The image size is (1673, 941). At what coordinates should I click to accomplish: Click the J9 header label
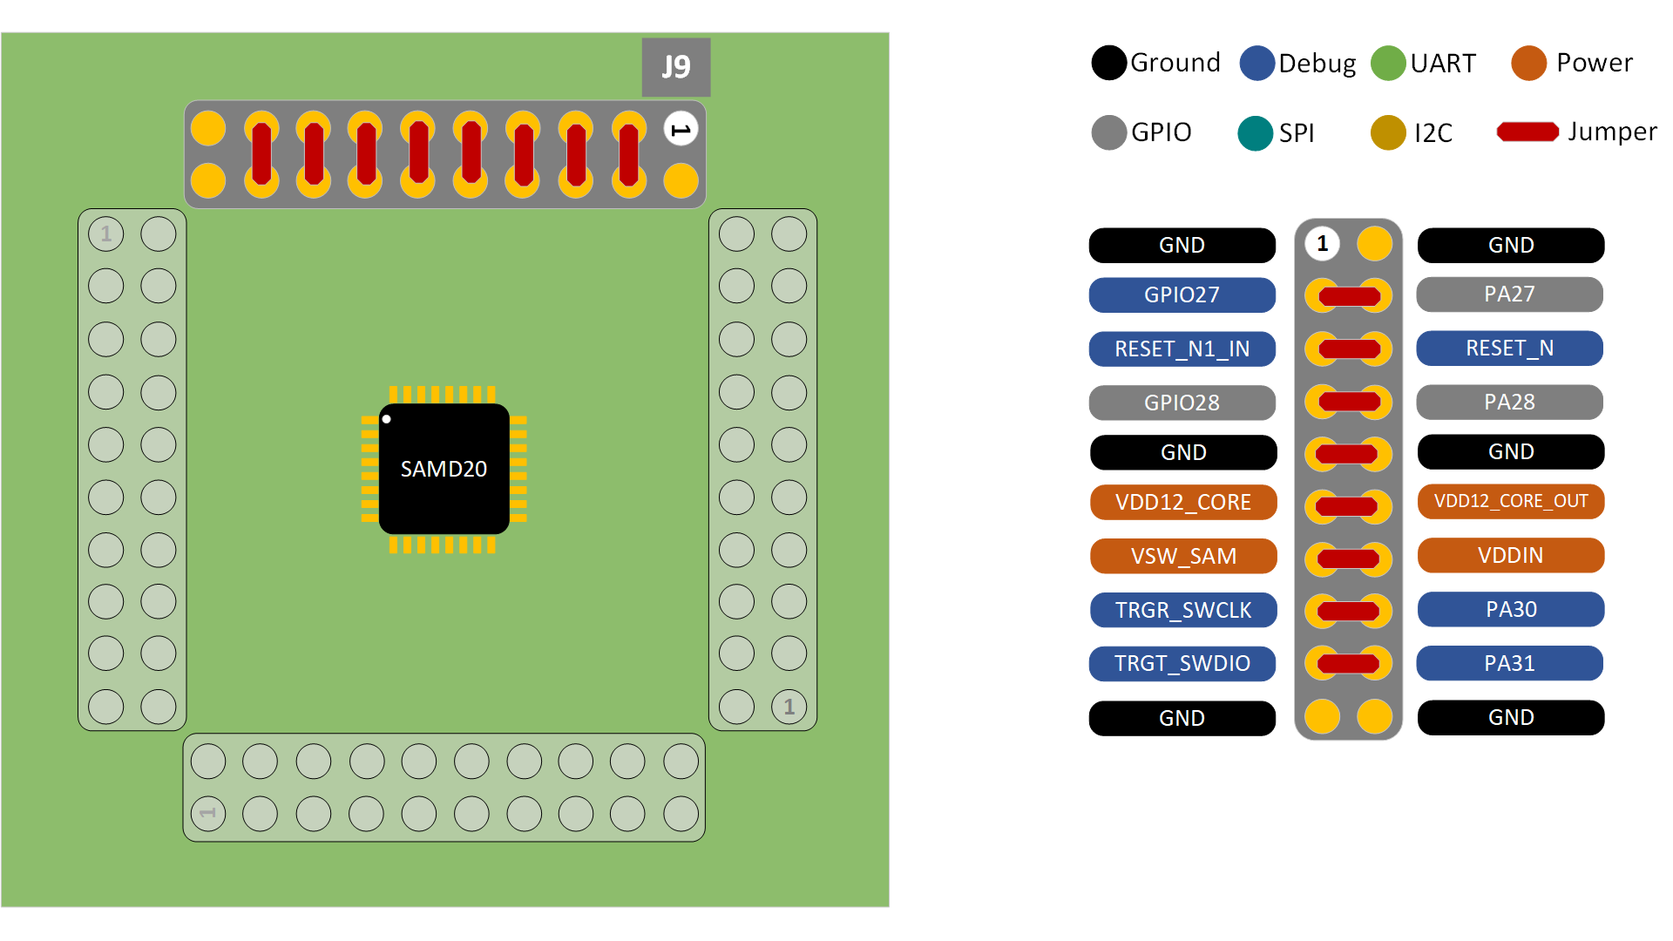(676, 67)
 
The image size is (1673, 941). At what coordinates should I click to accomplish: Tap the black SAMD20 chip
(444, 469)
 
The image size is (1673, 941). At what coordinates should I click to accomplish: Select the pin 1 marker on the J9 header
(681, 129)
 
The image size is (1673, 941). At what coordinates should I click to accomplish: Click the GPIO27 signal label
(1182, 294)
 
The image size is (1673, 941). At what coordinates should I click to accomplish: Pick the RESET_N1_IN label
(1182, 349)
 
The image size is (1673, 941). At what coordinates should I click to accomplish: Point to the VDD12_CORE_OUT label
(1510, 502)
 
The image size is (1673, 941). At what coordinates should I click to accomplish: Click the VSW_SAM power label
(1182, 556)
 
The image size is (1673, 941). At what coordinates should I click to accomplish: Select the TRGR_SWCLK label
(1182, 610)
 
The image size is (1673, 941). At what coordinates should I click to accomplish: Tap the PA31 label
(1509, 663)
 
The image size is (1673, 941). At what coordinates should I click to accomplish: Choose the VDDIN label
(1510, 555)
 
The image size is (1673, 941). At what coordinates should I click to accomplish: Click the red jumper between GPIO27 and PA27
(1349, 296)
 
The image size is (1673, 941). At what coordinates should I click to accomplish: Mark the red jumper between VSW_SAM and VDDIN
(1348, 559)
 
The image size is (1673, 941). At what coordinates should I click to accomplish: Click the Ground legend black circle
(1108, 63)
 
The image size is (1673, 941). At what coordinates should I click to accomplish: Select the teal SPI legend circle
(1255, 132)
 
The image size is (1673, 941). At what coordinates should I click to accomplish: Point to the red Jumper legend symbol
(1527, 132)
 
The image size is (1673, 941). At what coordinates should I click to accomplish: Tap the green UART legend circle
(1388, 63)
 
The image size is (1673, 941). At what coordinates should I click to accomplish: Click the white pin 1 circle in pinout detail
(1322, 243)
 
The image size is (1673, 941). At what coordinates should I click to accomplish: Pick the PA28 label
(1509, 402)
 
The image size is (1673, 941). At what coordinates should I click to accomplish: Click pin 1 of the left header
(106, 234)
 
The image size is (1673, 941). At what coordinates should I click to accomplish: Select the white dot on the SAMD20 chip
(387, 419)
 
